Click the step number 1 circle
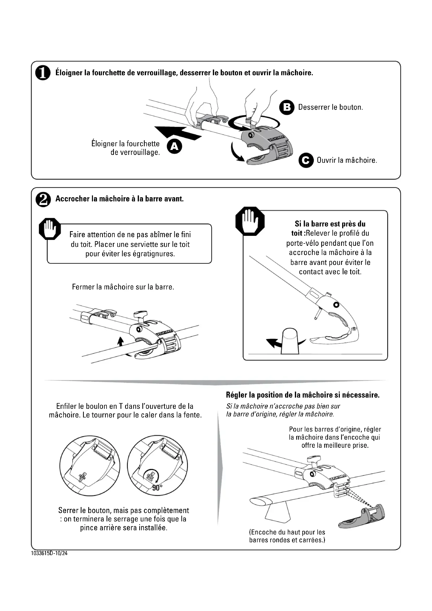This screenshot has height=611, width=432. (43, 73)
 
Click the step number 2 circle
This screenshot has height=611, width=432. (43, 200)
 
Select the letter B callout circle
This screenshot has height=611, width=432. (287, 108)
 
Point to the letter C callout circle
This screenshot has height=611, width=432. (306, 160)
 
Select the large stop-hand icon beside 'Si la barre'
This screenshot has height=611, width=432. (250, 221)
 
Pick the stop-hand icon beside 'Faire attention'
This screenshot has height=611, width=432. (50, 229)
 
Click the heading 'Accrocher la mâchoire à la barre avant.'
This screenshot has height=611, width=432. (119, 199)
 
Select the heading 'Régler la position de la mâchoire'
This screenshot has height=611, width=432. (302, 395)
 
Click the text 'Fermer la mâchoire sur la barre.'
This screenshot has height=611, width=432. (123, 287)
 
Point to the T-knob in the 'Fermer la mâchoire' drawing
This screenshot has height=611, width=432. (141, 314)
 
